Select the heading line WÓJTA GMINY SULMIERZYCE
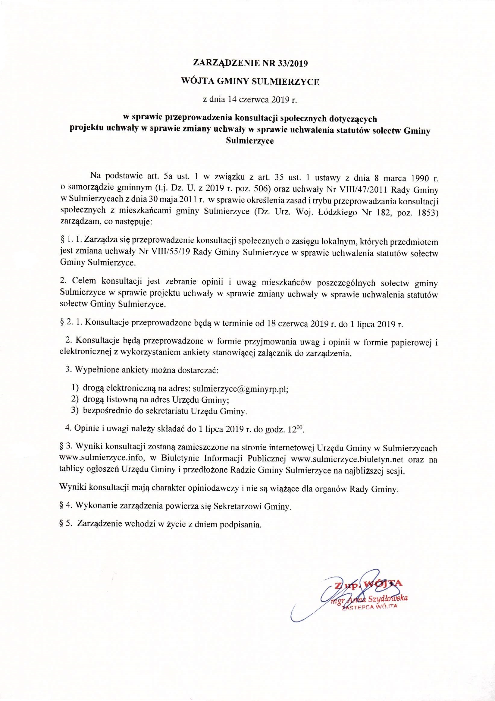tap(250, 82)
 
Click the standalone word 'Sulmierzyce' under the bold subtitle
tap(250, 141)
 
